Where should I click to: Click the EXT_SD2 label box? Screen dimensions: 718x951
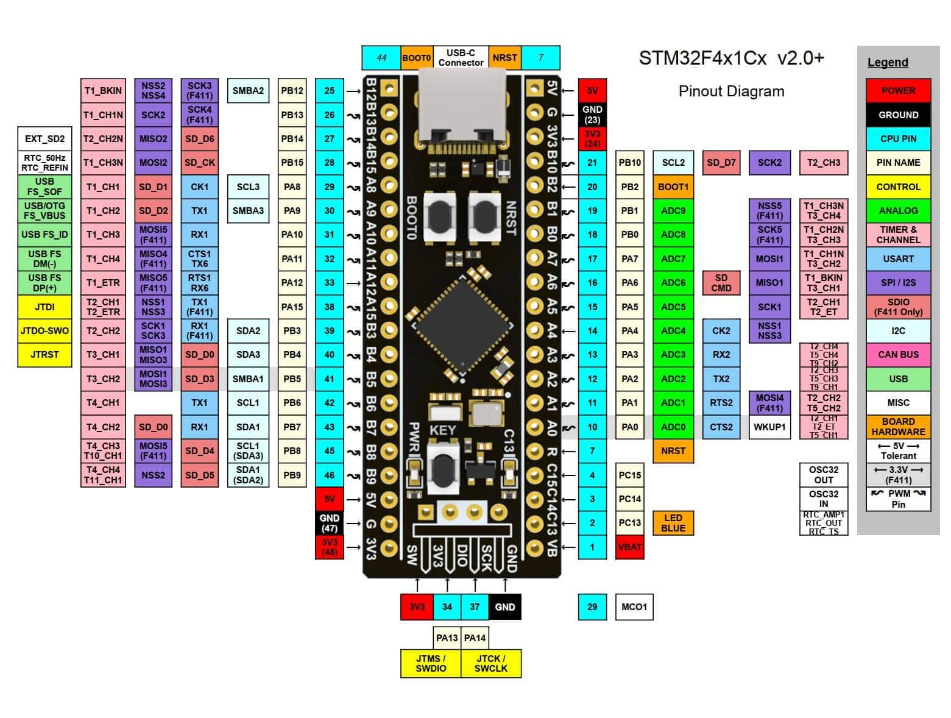point(44,138)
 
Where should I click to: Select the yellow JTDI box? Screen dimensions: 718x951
point(44,307)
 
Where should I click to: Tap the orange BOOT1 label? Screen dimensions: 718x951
point(673,187)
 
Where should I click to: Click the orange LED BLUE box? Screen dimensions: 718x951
point(673,523)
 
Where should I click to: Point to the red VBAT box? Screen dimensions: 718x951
point(629,547)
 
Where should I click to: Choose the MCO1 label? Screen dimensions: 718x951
point(634,606)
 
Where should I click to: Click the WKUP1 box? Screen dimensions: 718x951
point(769,427)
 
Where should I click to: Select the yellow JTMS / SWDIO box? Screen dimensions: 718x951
point(430,663)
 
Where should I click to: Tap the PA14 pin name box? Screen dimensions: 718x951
point(475,638)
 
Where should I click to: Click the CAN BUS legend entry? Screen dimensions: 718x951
point(898,354)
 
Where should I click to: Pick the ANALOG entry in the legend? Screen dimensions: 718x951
point(898,210)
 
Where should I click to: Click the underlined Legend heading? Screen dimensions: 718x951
point(887,62)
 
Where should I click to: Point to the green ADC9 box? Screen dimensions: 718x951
point(673,210)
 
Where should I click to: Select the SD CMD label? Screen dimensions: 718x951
point(721,282)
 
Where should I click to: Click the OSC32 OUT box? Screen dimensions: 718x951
point(823,475)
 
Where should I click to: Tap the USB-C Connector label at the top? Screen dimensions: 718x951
point(461,58)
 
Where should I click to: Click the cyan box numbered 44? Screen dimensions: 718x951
point(381,58)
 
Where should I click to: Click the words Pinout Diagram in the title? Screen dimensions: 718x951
point(731,91)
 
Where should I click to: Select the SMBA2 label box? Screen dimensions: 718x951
point(248,90)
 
